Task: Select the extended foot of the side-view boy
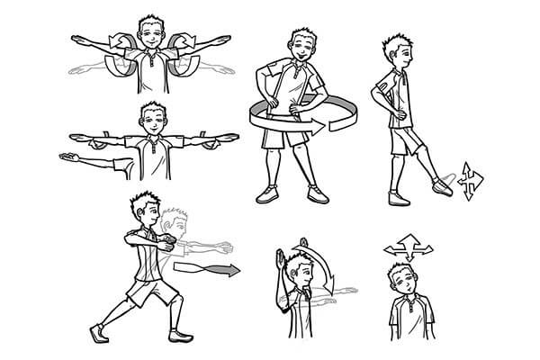pyautogui.click(x=441, y=185)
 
